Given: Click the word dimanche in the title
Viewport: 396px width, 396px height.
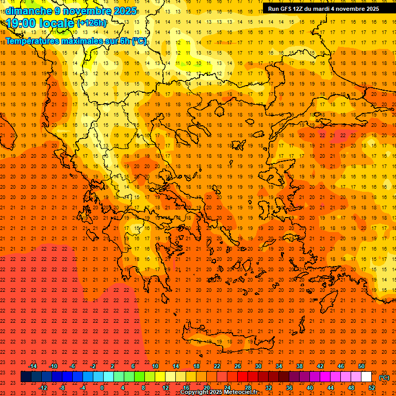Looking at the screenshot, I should pos(28,11).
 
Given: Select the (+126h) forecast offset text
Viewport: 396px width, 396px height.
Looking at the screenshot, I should pos(92,23).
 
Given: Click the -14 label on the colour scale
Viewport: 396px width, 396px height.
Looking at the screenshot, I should pos(32,366).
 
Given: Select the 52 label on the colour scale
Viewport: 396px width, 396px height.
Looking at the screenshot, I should pos(372,388).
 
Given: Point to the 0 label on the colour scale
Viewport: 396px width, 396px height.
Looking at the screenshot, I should pos(102,388).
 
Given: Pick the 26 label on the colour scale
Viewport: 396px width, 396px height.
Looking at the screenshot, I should pos(238,366).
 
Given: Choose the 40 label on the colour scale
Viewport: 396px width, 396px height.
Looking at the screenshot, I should pos(310,388).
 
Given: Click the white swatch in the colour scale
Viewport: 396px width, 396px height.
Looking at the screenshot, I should pos(367,377).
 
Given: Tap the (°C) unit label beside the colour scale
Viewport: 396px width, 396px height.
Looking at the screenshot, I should pos(384,377).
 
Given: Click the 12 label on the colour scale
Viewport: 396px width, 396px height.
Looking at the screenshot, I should pos(166,388).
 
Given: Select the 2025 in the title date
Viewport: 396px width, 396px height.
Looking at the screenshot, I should pos(125,11).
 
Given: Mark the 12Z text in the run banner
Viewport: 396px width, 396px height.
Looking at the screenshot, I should pos(299,9).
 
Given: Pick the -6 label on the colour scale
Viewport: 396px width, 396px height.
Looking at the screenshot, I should pos(72,366).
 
